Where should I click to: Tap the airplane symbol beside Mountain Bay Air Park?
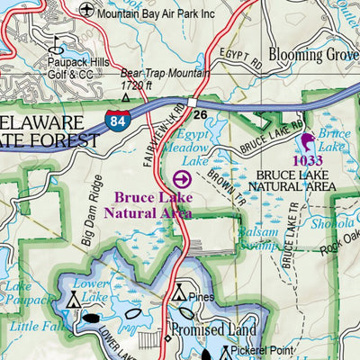(85, 10)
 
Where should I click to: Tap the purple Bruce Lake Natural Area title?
(148, 204)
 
